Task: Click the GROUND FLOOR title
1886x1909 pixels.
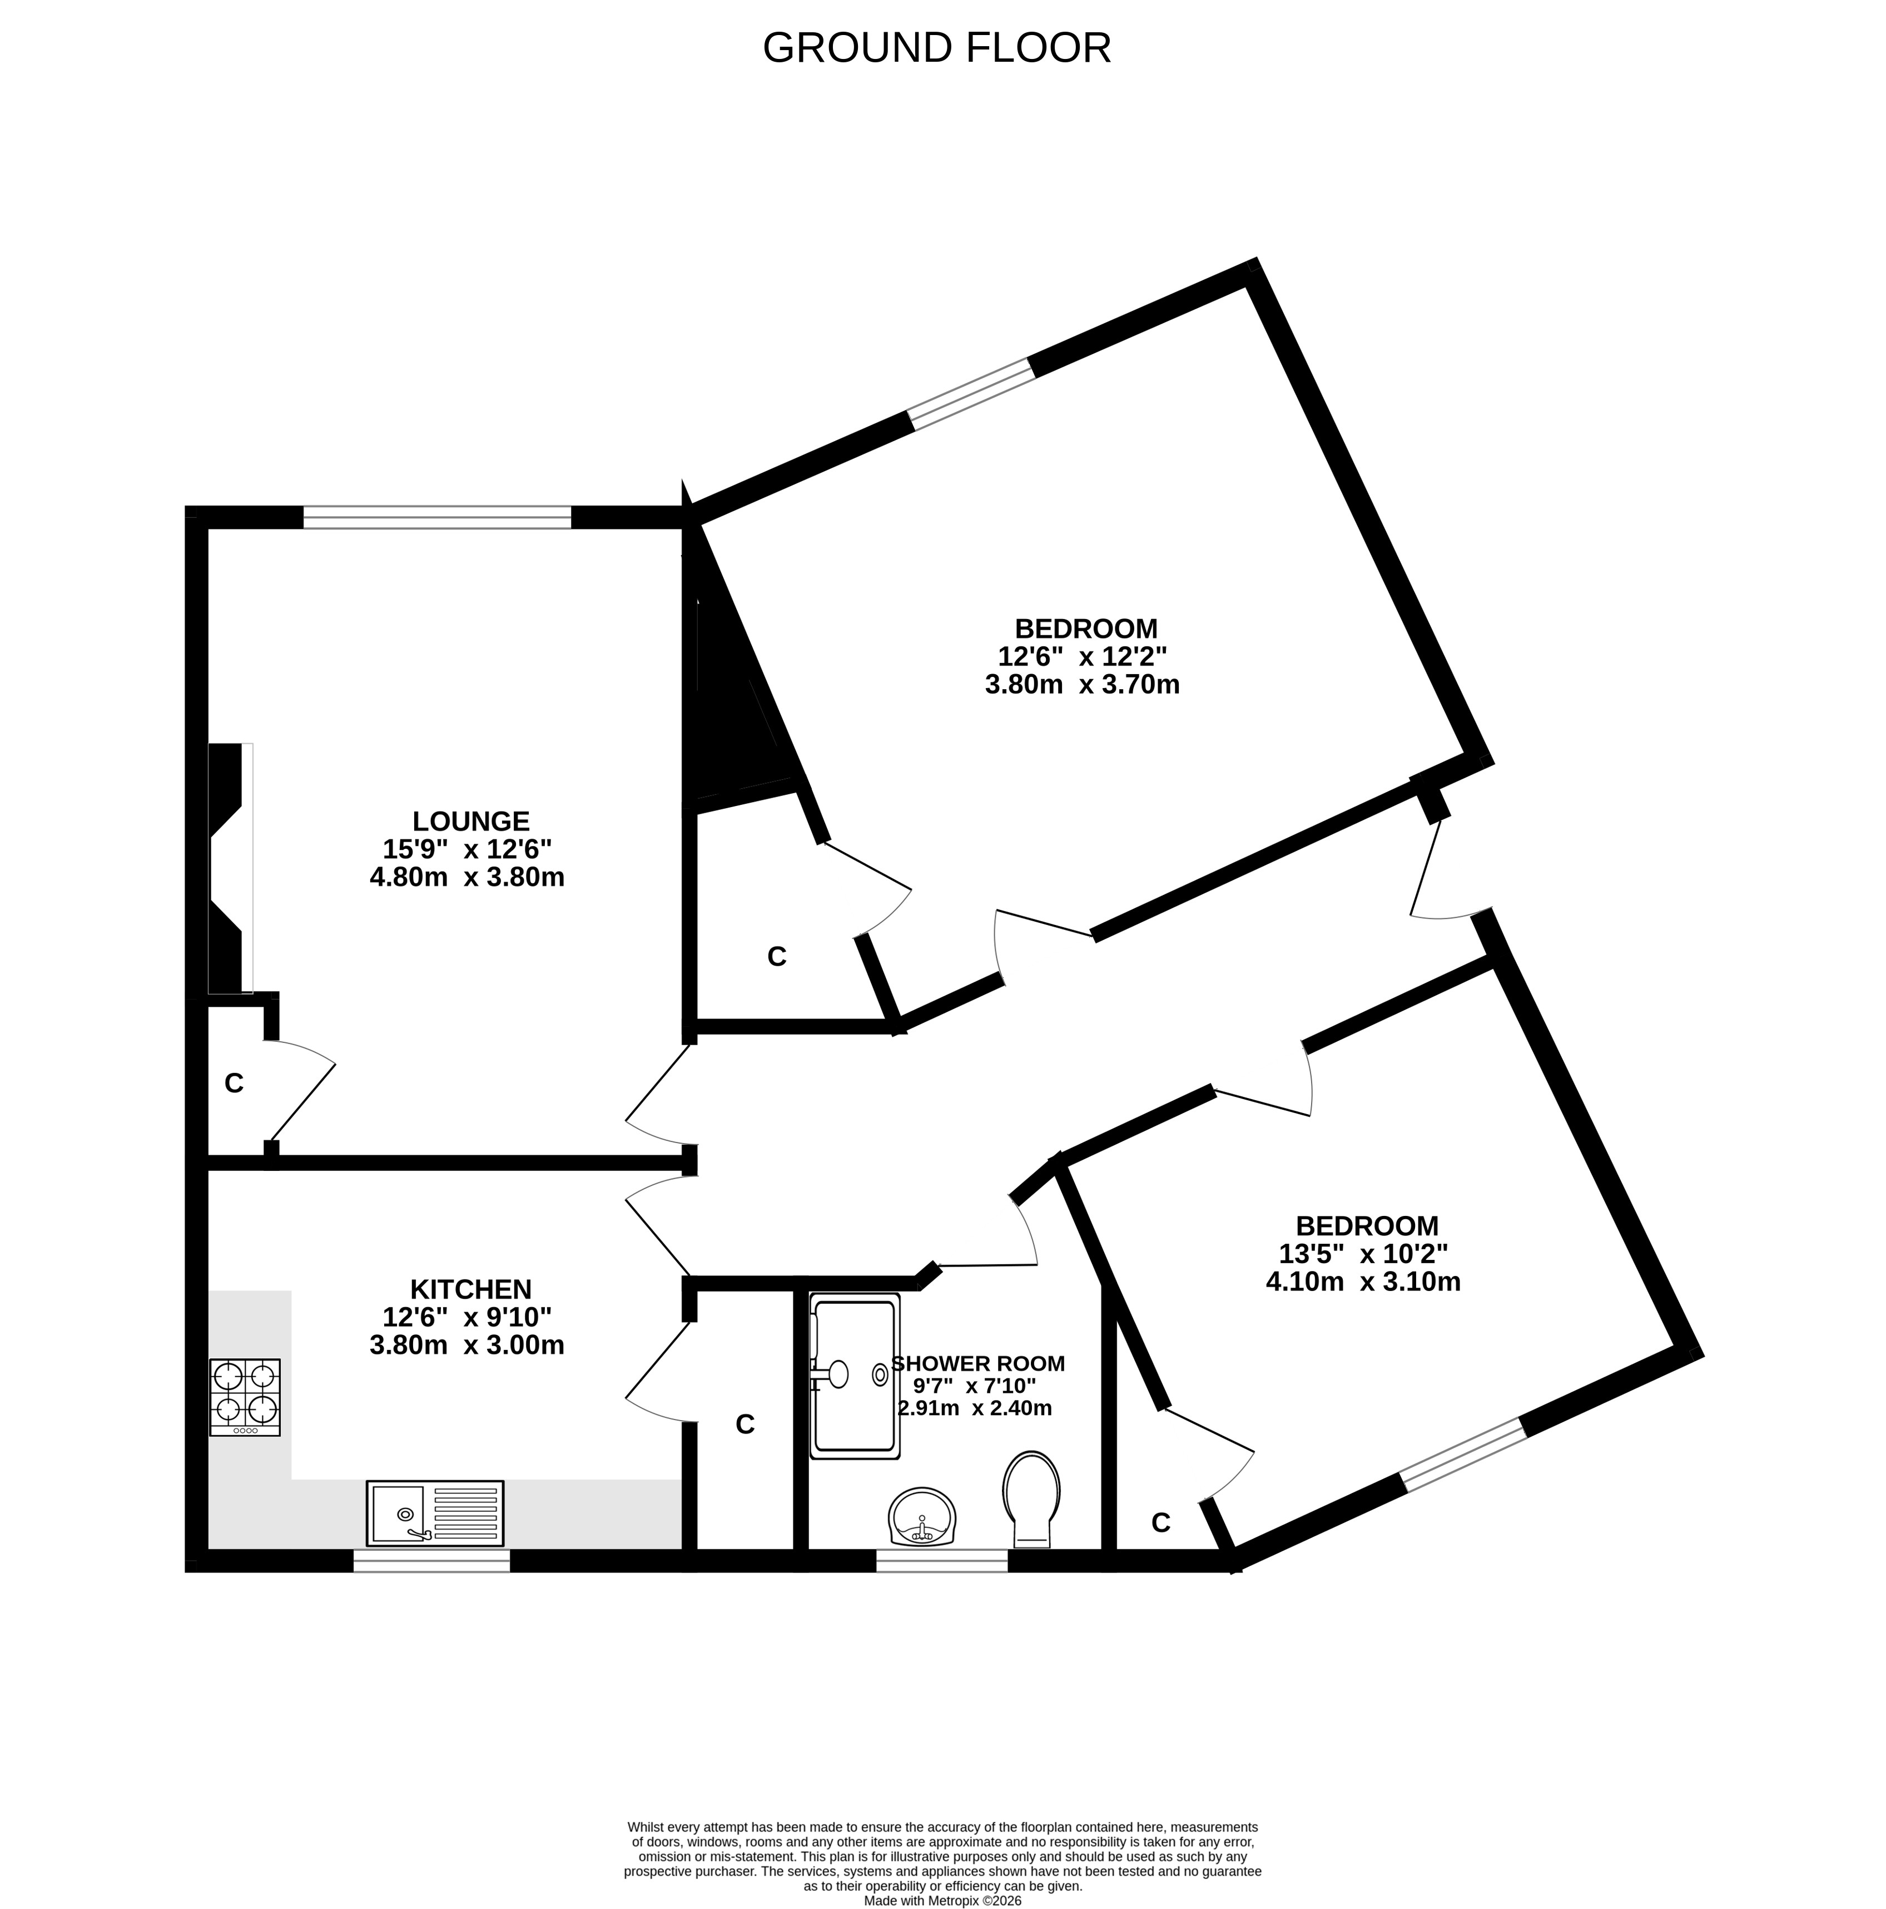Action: click(936, 47)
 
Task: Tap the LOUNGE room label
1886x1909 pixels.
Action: click(470, 821)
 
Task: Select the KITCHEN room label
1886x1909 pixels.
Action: click(470, 1289)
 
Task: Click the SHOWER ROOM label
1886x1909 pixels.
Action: click(978, 1363)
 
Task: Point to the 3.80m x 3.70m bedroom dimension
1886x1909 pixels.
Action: click(1082, 684)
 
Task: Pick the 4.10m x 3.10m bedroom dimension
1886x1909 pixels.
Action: click(1363, 1282)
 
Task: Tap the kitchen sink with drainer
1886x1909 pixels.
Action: click(435, 1513)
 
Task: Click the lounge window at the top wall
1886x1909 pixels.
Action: click(436, 517)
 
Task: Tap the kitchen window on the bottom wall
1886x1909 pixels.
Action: click(431, 1560)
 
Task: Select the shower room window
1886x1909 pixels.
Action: click(941, 1560)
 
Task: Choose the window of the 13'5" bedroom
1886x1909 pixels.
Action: click(1464, 1455)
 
